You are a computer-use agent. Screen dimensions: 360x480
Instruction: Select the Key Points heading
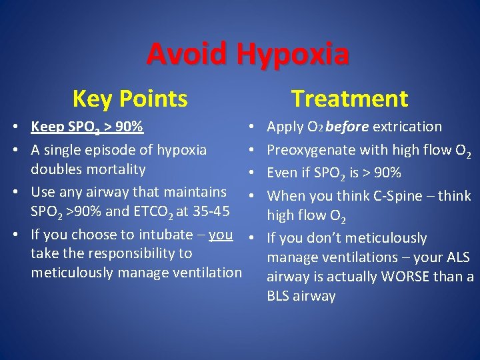pos(130,99)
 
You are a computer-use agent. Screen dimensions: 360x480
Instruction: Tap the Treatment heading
pos(349,99)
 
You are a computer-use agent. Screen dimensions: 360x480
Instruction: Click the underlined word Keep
pos(47,127)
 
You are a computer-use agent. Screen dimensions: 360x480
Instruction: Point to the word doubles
pos(55,169)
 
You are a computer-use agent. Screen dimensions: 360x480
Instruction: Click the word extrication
pos(407,127)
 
